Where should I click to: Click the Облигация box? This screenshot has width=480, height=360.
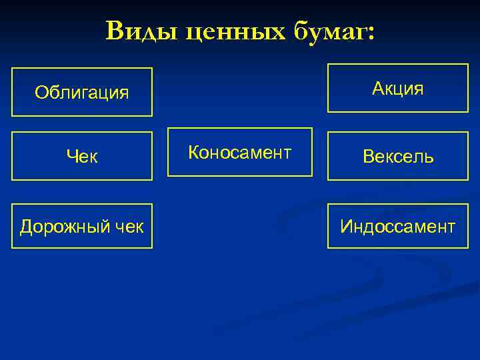pos(82,92)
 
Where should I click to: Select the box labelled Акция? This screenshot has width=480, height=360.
pos(398,88)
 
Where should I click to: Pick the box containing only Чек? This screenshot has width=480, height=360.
pos(82,156)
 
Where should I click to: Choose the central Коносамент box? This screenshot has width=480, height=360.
pos(239,152)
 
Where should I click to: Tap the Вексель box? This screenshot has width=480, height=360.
pos(398,156)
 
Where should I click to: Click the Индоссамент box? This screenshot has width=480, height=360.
pos(398,226)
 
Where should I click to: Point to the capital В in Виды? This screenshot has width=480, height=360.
pos(115,31)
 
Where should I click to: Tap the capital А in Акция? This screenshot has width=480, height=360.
pos(378,88)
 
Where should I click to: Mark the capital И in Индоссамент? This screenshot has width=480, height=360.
pos(346,227)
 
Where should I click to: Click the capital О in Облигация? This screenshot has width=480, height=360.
pos(41,93)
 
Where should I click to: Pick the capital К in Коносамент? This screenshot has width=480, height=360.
pos(193,153)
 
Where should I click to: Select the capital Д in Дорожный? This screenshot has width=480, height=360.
pos(26,227)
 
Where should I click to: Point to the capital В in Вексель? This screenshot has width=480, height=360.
pos(368,157)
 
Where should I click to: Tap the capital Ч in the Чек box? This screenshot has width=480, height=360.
pos(71,157)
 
